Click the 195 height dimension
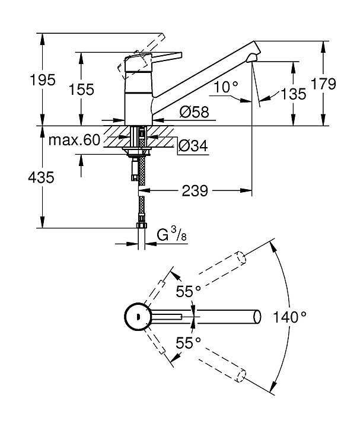pyautogui.click(x=42, y=80)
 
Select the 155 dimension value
pyautogui.click(x=81, y=90)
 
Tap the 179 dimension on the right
pyautogui.click(x=323, y=84)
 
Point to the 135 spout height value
pyautogui.click(x=294, y=94)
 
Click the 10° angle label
pyautogui.click(x=226, y=87)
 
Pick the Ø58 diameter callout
pyautogui.click(x=195, y=111)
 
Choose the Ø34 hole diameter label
pyautogui.click(x=193, y=146)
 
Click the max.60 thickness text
pyautogui.click(x=74, y=140)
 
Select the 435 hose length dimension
pyautogui.click(x=41, y=177)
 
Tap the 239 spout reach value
pyautogui.click(x=195, y=191)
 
